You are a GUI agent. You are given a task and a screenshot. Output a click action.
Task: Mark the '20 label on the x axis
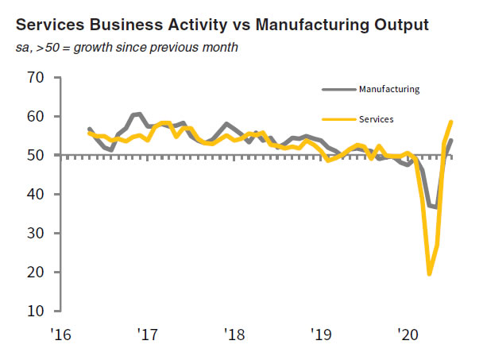407,335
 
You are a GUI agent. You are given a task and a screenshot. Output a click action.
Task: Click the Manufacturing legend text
389,89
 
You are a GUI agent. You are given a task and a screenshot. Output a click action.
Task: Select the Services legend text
377,119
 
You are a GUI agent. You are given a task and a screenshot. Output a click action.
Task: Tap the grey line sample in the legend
338,89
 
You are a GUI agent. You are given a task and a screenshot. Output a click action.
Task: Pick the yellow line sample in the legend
338,119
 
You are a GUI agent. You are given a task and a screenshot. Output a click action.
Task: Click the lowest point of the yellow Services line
429,274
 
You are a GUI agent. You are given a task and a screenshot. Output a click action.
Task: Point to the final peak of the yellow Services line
451,122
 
